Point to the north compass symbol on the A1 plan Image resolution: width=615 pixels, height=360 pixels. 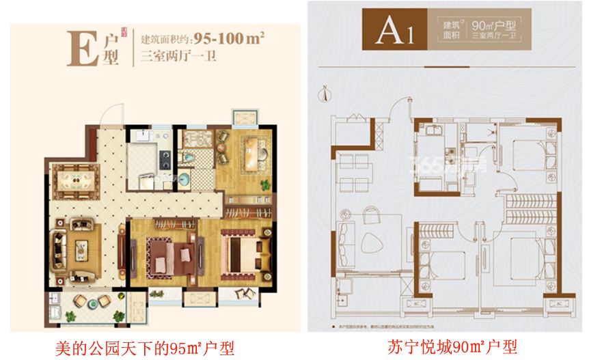[329, 89]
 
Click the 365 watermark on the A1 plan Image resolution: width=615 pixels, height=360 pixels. [437, 164]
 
